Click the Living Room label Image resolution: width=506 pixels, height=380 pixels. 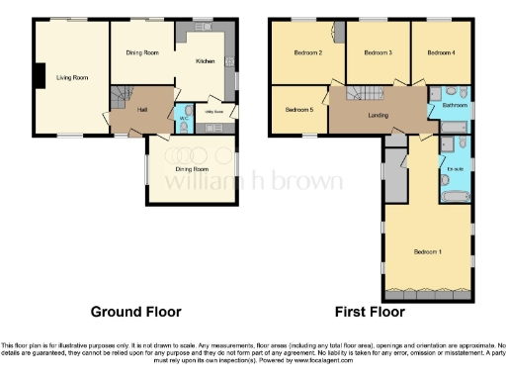tap(67, 77)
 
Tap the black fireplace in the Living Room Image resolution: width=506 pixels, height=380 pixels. tap(39, 76)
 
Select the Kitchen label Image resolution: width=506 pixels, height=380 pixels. tap(205, 61)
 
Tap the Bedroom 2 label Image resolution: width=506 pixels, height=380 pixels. tap(306, 52)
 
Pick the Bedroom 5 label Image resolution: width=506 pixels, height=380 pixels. tap(299, 110)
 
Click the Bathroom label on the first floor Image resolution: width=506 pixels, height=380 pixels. tap(454, 104)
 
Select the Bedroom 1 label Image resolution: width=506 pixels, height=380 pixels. tap(427, 251)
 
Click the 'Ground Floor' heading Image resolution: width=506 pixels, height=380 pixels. tap(136, 311)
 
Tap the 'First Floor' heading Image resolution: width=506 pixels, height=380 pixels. tap(372, 311)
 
